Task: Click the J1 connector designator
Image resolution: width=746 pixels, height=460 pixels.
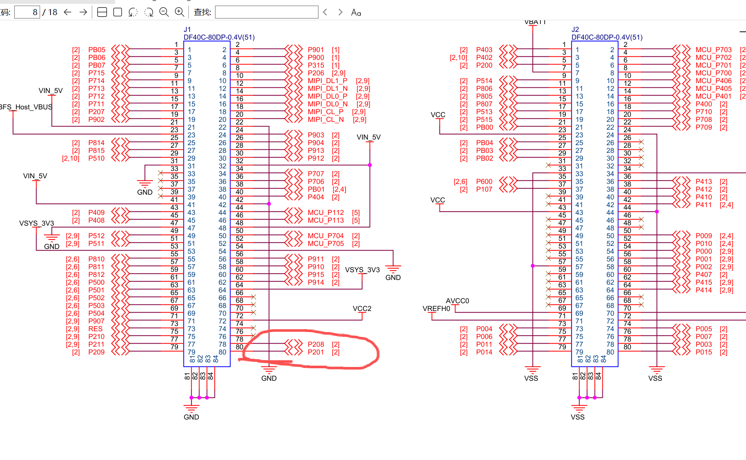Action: (187, 30)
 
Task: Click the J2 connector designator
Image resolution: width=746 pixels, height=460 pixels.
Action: (575, 30)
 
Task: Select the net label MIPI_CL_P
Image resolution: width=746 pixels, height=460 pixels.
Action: (325, 112)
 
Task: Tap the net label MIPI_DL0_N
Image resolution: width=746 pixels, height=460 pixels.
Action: (328, 104)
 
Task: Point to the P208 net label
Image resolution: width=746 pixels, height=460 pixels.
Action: (316, 345)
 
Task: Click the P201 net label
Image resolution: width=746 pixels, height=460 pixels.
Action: (316, 352)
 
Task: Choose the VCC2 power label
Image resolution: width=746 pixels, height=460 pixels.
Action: (362, 309)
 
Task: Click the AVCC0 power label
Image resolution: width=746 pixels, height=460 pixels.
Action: (457, 301)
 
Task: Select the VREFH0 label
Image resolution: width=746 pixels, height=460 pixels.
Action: (436, 309)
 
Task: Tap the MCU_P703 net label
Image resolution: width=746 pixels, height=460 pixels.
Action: (713, 50)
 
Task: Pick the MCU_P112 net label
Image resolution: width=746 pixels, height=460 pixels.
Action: (326, 213)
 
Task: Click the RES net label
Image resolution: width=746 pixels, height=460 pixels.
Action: (96, 329)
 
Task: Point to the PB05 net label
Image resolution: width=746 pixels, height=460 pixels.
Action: (97, 50)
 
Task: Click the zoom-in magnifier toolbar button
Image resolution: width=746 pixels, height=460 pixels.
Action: (180, 12)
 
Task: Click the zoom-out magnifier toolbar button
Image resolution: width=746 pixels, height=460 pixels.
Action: (164, 12)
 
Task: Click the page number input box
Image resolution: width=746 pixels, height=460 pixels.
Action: (27, 12)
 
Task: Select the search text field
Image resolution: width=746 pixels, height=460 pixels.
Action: (266, 12)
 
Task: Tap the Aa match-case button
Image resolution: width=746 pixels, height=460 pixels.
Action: (356, 12)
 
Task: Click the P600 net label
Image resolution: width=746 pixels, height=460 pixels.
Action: (484, 182)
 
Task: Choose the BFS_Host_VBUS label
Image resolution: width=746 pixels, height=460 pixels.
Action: (26, 107)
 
